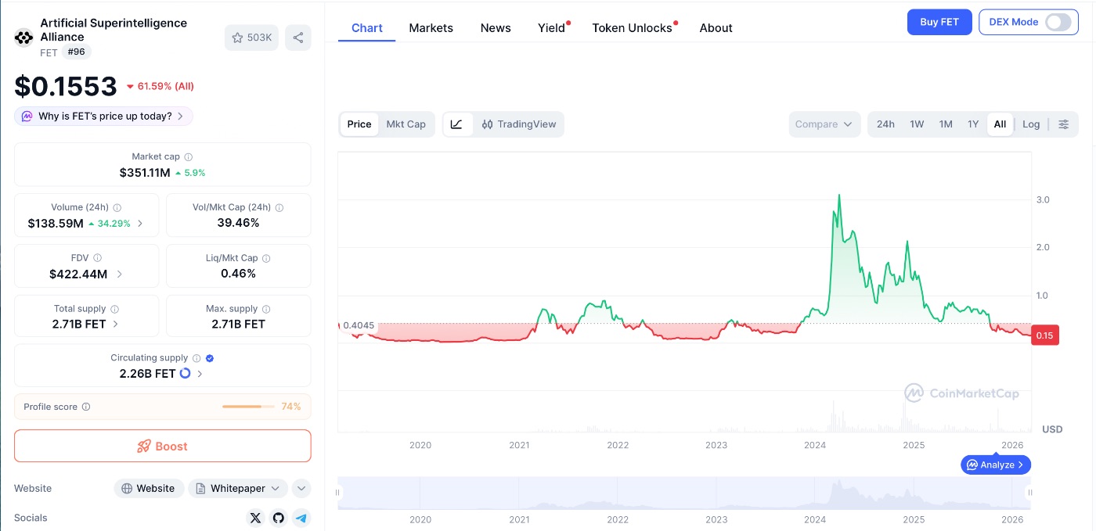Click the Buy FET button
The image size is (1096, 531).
click(x=939, y=22)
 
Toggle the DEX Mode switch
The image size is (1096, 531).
click(x=1058, y=22)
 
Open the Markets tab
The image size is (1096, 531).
click(x=431, y=28)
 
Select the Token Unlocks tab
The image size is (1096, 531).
click(x=632, y=28)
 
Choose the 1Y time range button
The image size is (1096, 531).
click(x=973, y=124)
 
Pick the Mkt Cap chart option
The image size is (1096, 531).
click(x=406, y=124)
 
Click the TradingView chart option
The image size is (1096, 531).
click(x=519, y=124)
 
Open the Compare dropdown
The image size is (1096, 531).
click(x=824, y=124)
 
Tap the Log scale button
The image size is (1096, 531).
click(x=1031, y=124)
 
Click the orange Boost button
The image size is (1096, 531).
click(x=163, y=446)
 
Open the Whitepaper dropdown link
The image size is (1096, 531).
click(x=238, y=489)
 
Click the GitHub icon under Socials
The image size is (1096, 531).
click(x=278, y=518)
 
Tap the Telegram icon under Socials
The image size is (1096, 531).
click(x=301, y=518)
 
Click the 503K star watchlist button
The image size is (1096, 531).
click(x=251, y=38)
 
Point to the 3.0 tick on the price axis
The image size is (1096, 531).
click(x=1043, y=200)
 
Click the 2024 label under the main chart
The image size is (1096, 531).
click(x=815, y=445)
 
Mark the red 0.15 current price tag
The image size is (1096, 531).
click(x=1044, y=335)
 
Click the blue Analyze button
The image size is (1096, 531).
click(x=996, y=465)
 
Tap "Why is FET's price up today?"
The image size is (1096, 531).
click(x=104, y=117)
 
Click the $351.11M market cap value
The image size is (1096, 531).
click(x=145, y=173)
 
